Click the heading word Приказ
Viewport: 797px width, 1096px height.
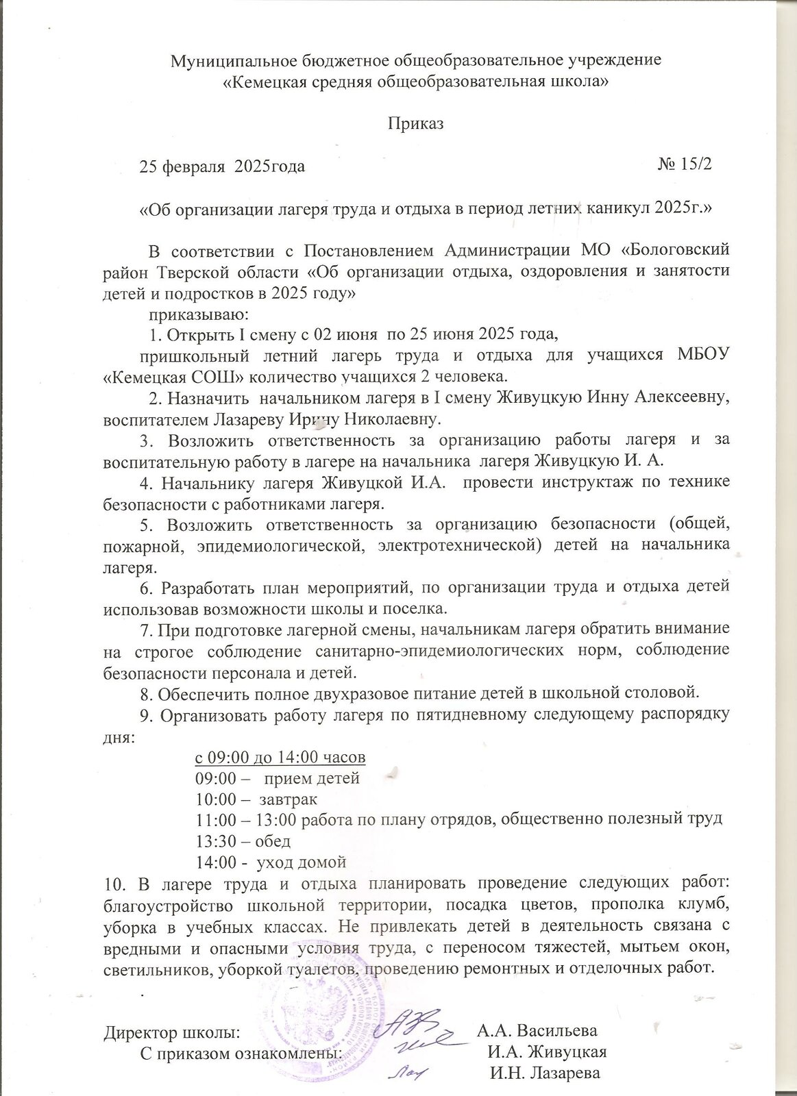coord(416,124)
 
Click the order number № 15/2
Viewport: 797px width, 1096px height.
coord(685,165)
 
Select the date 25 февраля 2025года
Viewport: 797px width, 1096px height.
coord(222,166)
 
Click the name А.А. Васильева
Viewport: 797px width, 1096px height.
coord(537,1031)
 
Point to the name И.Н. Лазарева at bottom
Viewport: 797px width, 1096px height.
coord(545,1072)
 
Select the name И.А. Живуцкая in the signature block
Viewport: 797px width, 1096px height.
coord(546,1051)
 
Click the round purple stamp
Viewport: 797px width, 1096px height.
coord(322,1027)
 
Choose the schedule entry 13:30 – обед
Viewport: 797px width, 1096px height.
coord(243,840)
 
